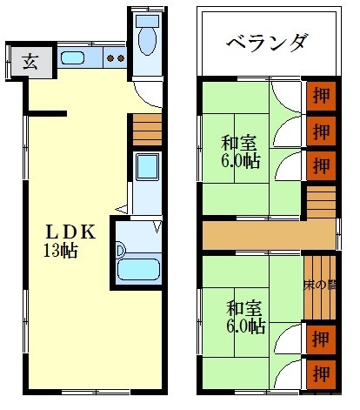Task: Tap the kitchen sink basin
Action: point(73,59)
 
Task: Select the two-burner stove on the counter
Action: point(115,59)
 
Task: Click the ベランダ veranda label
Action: point(266,42)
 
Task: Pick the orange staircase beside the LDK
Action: point(146,131)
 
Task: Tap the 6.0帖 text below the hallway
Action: point(245,327)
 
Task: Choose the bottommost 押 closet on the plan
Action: point(320,375)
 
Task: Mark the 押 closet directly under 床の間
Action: point(320,339)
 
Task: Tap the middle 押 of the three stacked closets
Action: point(320,131)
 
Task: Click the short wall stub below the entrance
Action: point(48,111)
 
